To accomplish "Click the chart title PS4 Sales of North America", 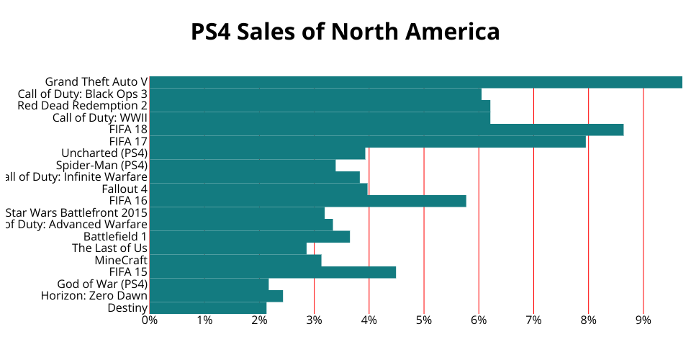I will [x=345, y=32].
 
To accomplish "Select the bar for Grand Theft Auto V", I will [x=415, y=82].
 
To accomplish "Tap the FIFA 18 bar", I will [x=386, y=130].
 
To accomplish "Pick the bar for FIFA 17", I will [x=367, y=142].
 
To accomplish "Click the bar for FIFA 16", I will [x=307, y=201].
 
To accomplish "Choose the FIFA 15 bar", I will [x=272, y=272].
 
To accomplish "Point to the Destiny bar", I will [x=208, y=308].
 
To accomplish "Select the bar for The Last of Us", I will [x=227, y=248].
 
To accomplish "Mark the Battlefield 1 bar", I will [x=249, y=236].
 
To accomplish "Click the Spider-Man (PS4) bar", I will [x=242, y=166].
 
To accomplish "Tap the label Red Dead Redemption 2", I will [x=83, y=106].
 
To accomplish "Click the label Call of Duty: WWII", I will [x=100, y=118].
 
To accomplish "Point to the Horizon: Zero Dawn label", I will [x=94, y=296].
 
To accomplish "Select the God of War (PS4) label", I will [x=102, y=284].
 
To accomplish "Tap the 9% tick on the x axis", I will [x=643, y=320].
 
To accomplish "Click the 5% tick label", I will [x=424, y=320].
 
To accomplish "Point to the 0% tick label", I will [x=149, y=320].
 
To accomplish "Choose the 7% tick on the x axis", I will [x=533, y=320].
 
